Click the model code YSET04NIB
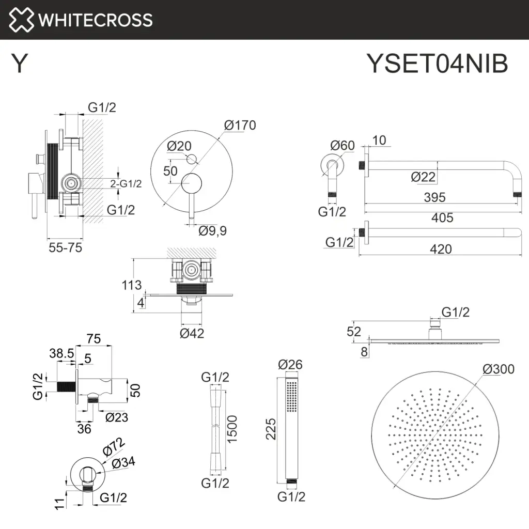pos(437,64)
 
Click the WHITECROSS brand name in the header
pos(96,20)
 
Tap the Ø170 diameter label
pos(240,125)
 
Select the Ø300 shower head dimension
pos(499,369)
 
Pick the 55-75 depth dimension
pos(65,247)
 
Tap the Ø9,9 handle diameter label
pos(213,230)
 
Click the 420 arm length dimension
pos(441,249)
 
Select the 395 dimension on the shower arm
pos(433,197)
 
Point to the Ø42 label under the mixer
pos(192,333)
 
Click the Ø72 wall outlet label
pos(114,447)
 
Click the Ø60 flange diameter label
pos(343,146)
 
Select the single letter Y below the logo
pos(19,64)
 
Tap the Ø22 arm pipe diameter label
pos(424,177)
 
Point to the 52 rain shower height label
pos(354,332)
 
